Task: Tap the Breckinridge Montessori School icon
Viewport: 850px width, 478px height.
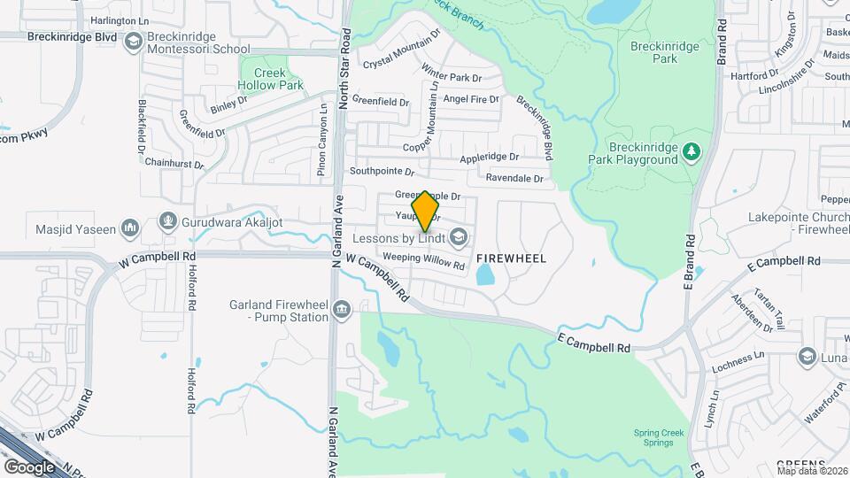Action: pos(133,41)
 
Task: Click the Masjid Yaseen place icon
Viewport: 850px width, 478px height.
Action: pos(130,228)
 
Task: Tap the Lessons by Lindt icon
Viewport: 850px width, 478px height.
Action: pos(458,236)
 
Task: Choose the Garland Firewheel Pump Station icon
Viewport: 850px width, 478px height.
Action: pos(343,308)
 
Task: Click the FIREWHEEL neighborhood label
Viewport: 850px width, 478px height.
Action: pos(511,258)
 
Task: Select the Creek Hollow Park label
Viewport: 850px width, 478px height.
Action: pos(270,80)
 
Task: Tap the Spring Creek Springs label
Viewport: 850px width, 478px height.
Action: pos(659,438)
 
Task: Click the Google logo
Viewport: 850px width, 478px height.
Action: pos(29,466)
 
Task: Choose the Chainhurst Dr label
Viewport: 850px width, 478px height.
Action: pos(174,164)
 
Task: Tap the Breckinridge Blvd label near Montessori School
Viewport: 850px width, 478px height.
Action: pos(58,37)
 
